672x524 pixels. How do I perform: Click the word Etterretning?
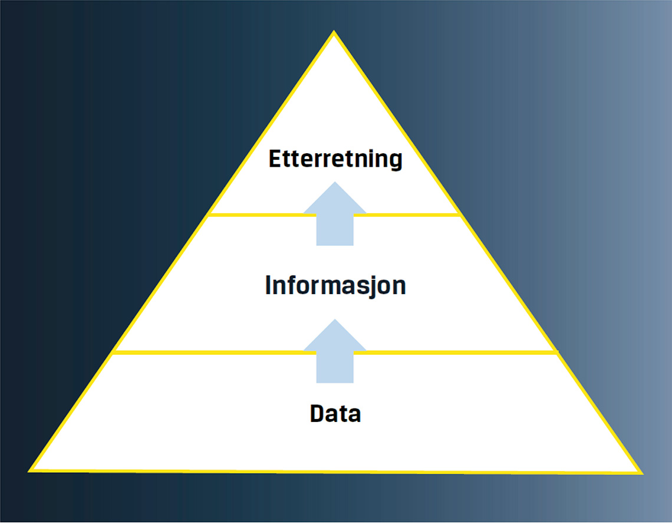pyautogui.click(x=335, y=159)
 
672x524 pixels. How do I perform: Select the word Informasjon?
pyautogui.click(x=335, y=286)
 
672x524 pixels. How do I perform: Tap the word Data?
pyautogui.click(x=335, y=414)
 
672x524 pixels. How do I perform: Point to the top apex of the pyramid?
pyautogui.click(x=334, y=32)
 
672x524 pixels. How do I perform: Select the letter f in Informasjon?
pyautogui.click(x=291, y=285)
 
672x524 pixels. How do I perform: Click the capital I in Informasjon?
pyautogui.click(x=269, y=286)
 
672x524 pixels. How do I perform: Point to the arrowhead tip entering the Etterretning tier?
pyautogui.click(x=335, y=183)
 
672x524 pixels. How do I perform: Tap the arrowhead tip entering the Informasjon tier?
pyautogui.click(x=335, y=320)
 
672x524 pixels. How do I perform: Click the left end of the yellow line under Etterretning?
pyautogui.click(x=210, y=214)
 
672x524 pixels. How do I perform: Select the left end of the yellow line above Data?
pyautogui.click(x=114, y=352)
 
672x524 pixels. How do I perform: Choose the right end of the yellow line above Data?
pyautogui.click(x=557, y=352)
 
